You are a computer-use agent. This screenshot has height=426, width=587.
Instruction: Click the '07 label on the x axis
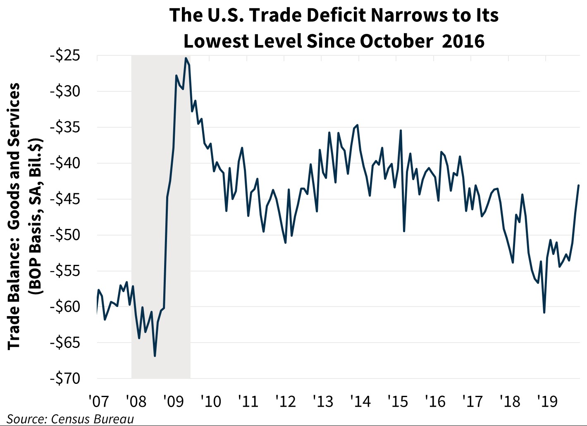tap(98, 401)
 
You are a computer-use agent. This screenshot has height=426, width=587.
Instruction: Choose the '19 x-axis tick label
tap(547, 401)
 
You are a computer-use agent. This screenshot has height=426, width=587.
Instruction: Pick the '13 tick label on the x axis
tap(323, 401)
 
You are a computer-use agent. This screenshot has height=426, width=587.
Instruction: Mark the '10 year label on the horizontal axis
tap(211, 401)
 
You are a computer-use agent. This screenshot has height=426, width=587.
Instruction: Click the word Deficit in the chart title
tap(319, 15)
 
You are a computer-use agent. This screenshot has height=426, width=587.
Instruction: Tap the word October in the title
tap(394, 41)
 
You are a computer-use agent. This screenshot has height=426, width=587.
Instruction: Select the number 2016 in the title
tap(463, 41)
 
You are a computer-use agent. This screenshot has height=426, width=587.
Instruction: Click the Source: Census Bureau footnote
tap(70, 419)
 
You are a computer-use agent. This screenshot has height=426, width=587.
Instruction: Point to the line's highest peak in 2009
tap(186, 58)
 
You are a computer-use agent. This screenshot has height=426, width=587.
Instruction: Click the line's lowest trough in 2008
tap(155, 356)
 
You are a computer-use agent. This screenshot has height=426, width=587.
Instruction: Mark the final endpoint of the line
tap(578, 186)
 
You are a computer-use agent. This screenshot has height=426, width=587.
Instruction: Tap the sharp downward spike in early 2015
tap(404, 231)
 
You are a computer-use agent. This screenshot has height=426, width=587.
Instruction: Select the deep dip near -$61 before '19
tap(544, 312)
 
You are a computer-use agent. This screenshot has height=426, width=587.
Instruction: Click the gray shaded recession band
tap(161, 248)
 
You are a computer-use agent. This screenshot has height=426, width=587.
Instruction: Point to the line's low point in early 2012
tap(286, 243)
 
